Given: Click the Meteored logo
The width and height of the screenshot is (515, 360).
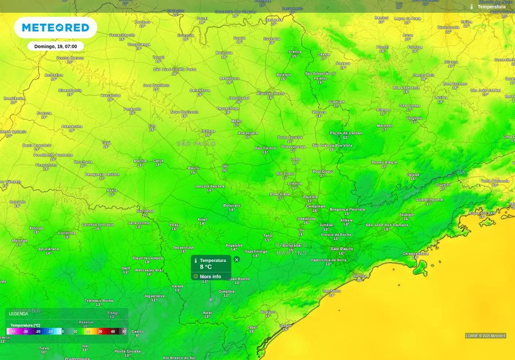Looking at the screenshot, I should (x=55, y=27).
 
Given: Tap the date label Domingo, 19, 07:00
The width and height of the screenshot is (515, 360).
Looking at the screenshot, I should (x=55, y=46).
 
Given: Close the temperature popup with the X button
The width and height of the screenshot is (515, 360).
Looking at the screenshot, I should (x=237, y=260).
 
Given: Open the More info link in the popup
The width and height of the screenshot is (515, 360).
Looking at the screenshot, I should (x=210, y=277).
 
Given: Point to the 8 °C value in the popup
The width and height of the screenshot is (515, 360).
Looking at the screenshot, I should (x=206, y=267).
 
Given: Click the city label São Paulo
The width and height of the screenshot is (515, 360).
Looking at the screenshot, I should (x=341, y=249).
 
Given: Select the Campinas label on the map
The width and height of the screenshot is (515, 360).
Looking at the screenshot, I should (x=316, y=206).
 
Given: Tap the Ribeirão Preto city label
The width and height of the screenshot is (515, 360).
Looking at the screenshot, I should (x=271, y=94).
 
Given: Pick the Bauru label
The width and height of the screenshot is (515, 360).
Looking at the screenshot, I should (x=194, y=168).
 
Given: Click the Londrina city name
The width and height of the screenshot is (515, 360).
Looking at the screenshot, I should (x=67, y=233).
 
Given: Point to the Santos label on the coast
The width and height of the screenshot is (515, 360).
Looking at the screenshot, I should (x=359, y=276).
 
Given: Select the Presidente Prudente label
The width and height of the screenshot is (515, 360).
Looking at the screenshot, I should (x=53, y=155).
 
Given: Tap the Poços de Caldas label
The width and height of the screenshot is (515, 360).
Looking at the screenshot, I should (x=346, y=133).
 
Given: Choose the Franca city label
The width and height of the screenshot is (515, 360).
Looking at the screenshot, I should (x=295, y=52).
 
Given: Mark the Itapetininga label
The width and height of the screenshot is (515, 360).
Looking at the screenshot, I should (x=255, y=251).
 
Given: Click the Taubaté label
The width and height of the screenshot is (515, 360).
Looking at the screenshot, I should (x=406, y=214).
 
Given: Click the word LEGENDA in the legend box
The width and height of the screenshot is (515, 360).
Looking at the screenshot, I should (x=19, y=314).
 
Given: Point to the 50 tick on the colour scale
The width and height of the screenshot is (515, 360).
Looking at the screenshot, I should (x=124, y=332).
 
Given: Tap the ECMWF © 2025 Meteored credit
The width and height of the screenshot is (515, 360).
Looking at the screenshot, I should (x=485, y=336).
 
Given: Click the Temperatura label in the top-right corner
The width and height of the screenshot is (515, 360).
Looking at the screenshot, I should (x=491, y=7).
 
